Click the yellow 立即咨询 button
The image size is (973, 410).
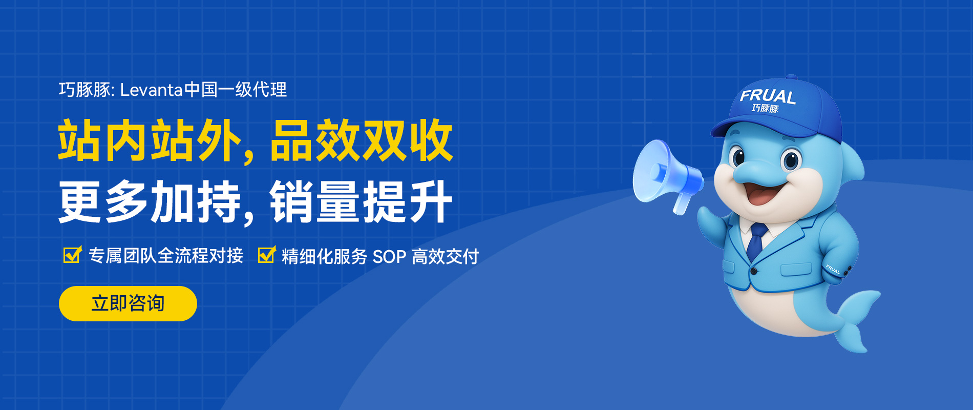(x=128, y=303)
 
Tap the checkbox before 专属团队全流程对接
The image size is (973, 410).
(x=72, y=255)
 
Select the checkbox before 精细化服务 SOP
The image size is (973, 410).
(x=266, y=255)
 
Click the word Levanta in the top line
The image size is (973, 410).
(x=152, y=90)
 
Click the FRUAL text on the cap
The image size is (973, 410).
(x=767, y=96)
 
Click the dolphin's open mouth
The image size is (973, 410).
(x=762, y=194)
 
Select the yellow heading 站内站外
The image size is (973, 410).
(x=149, y=140)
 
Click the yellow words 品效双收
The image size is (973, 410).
(x=361, y=140)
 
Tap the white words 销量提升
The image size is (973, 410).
(x=361, y=202)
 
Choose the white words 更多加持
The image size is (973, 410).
(x=149, y=202)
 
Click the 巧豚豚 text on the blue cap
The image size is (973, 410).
(x=765, y=108)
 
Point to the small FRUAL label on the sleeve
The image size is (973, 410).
(x=833, y=270)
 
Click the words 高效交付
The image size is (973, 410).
(x=445, y=256)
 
